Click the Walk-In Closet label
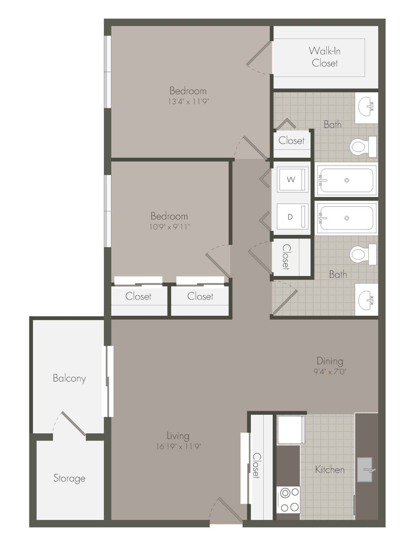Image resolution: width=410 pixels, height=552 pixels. click(325, 57)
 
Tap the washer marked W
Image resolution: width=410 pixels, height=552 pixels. click(292, 179)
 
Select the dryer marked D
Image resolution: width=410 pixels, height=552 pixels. click(292, 216)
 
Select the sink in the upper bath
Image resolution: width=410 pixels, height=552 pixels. click(366, 108)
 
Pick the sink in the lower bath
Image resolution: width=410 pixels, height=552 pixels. click(366, 299)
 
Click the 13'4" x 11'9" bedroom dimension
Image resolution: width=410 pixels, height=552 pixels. click(188, 101)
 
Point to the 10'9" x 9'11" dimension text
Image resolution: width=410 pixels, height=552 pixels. click(170, 227)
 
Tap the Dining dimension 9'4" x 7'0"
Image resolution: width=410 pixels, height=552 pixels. click(330, 372)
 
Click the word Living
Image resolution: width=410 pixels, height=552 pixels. click(178, 436)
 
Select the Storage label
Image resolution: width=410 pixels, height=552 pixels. click(69, 478)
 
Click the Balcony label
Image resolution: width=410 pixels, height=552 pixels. click(69, 378)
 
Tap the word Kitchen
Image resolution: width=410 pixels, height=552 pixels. click(330, 469)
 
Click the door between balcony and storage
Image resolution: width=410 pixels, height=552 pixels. click(73, 423)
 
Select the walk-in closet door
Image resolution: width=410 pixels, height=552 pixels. click(259, 53)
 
